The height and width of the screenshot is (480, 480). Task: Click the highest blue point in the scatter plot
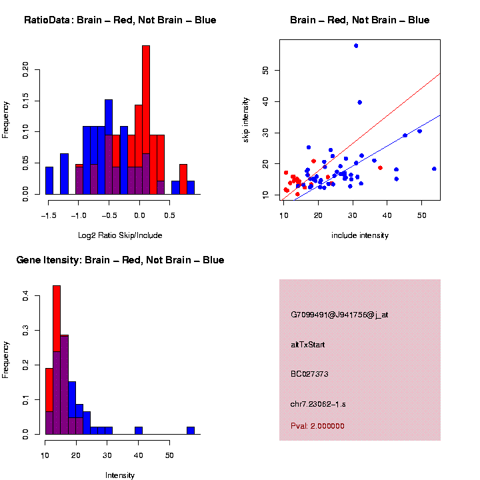point(356,45)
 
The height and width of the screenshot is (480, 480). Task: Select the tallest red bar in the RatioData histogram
point(146,120)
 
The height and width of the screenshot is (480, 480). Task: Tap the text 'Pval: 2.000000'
point(317,426)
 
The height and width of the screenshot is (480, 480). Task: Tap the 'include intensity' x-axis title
point(360,235)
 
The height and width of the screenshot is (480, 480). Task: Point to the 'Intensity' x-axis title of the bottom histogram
point(120,475)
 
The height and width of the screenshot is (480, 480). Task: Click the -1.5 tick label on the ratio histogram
point(47,216)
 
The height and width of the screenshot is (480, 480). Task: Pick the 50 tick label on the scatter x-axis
point(422,216)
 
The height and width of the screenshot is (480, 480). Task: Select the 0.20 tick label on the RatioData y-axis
point(26,69)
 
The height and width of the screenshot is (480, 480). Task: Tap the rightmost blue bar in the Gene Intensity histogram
point(191,431)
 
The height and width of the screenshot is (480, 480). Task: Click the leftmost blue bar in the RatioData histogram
point(49,181)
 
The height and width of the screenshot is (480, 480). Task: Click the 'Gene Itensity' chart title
point(120,260)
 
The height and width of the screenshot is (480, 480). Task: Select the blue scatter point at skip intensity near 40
point(360,102)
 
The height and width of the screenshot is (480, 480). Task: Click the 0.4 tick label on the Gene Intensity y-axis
point(26,297)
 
